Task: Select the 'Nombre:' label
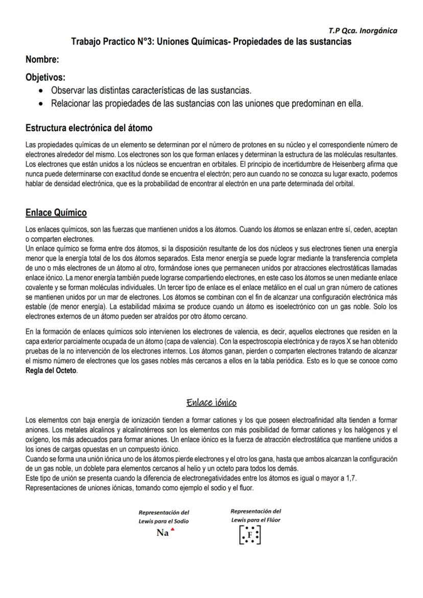(x=42, y=60)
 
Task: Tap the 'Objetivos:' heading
(x=45, y=78)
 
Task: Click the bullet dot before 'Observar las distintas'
(x=41, y=91)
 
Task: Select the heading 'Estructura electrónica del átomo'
(x=89, y=128)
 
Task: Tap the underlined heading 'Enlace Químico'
(x=56, y=212)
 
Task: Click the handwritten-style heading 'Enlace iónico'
(x=212, y=403)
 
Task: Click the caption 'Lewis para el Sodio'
(x=163, y=521)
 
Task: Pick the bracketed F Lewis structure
(x=250, y=535)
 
